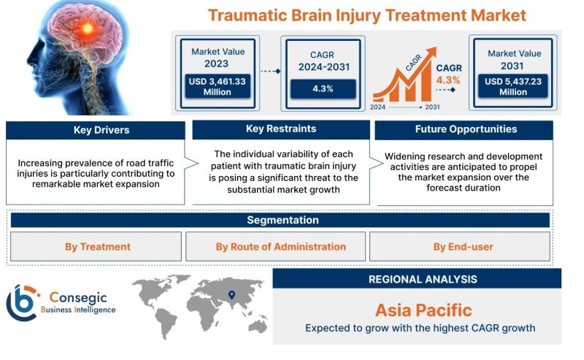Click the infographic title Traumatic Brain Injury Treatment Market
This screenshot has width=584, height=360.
click(x=366, y=15)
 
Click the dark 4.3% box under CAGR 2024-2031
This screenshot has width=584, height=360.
click(x=323, y=88)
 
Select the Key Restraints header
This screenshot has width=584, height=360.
click(x=281, y=129)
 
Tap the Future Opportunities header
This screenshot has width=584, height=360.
click(x=465, y=129)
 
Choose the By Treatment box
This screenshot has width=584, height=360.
click(x=97, y=247)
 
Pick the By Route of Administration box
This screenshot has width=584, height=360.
click(x=280, y=247)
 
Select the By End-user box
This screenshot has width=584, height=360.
click(x=463, y=247)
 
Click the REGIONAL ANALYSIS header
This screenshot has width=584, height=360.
click(x=423, y=279)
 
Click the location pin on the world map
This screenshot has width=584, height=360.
click(x=231, y=295)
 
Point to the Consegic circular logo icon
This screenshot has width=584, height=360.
click(x=22, y=302)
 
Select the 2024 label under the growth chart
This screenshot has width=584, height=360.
click(x=378, y=107)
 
